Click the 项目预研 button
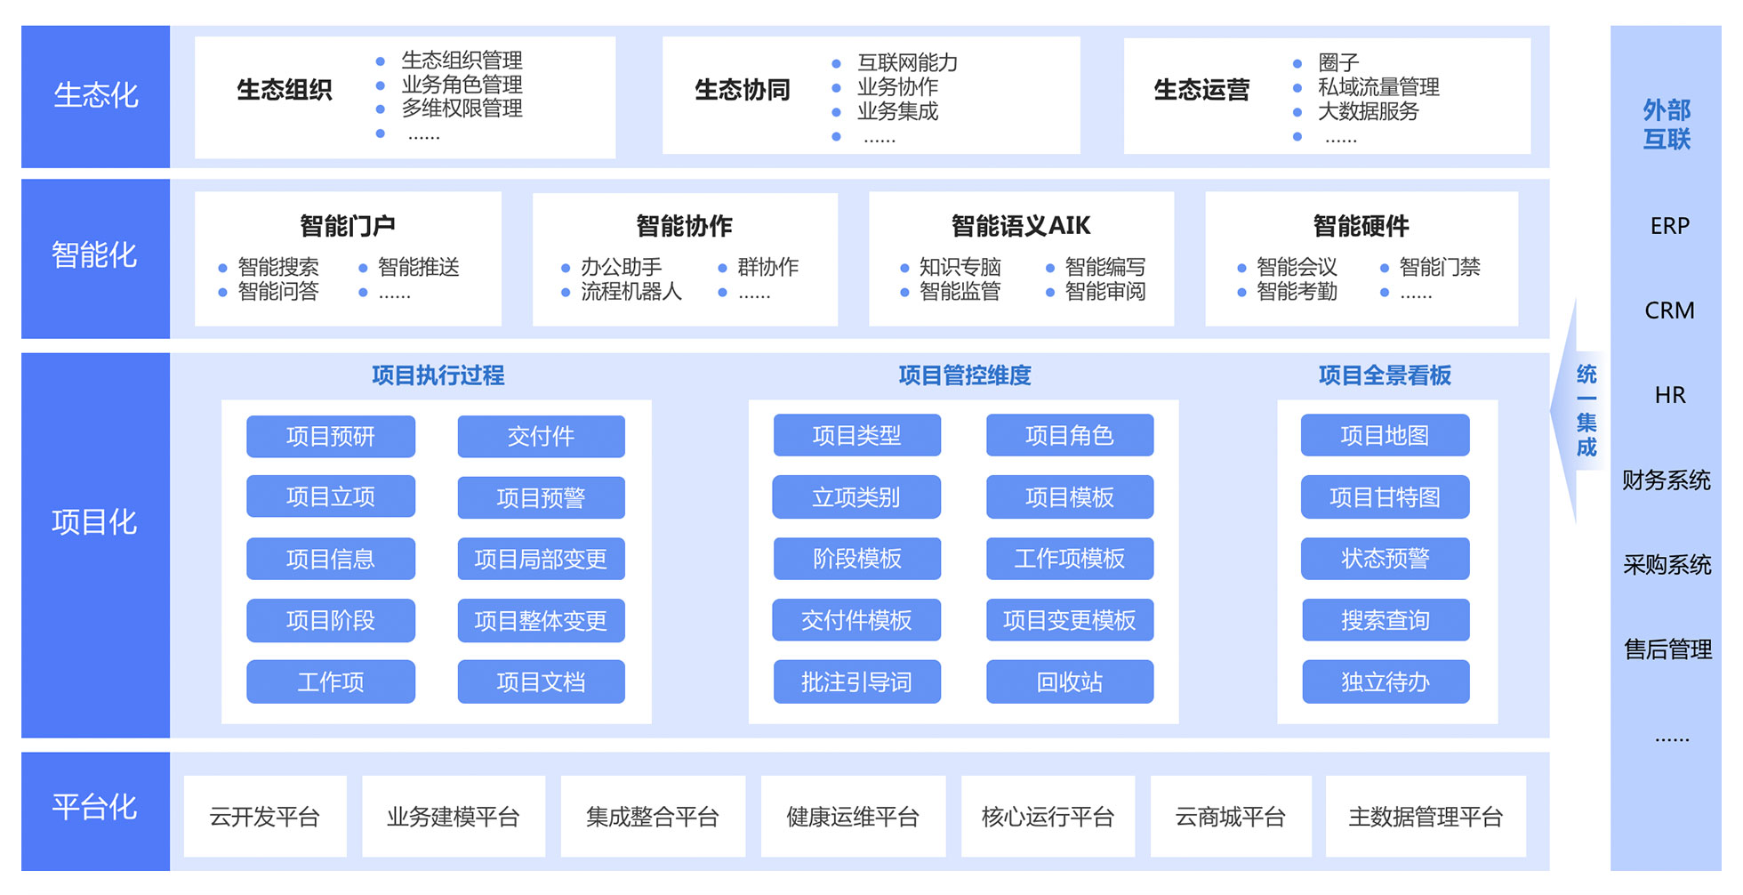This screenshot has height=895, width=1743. [330, 436]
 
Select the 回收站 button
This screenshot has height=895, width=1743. [1069, 681]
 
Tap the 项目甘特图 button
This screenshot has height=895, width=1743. [1385, 496]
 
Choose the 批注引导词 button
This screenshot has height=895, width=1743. [856, 681]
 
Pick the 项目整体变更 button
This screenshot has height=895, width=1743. [541, 620]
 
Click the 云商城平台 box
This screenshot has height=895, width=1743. [1230, 816]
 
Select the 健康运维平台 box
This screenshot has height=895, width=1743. [852, 816]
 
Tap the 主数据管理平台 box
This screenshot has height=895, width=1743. [1425, 816]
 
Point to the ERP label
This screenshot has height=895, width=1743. [1669, 226]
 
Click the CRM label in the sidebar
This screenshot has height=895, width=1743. [1669, 310]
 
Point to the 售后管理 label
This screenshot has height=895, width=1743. [1667, 649]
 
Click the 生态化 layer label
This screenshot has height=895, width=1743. [95, 95]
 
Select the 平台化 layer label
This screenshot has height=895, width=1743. [95, 807]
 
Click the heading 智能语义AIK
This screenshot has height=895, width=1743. [1020, 226]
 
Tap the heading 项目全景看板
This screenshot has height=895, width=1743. [1385, 375]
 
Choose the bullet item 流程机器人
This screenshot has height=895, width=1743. [631, 292]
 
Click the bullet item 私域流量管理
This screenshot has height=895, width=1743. [1378, 87]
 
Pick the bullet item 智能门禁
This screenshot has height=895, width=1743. [1439, 267]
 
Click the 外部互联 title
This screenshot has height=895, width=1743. [1666, 125]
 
